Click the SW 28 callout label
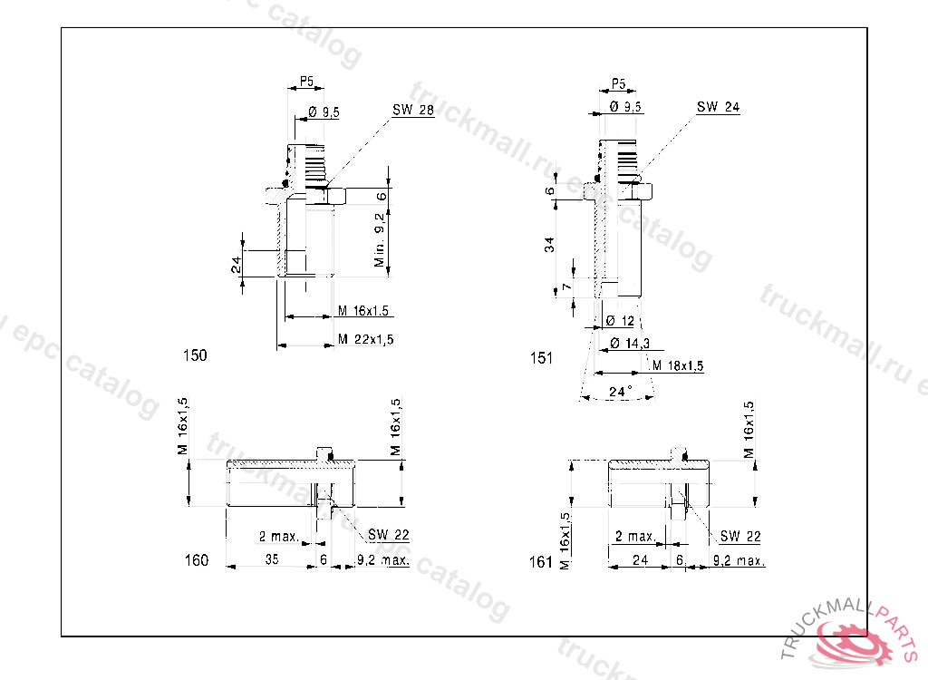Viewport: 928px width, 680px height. pyautogui.click(x=413, y=111)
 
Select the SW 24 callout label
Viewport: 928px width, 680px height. pyautogui.click(x=718, y=107)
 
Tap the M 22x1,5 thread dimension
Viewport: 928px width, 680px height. pyautogui.click(x=365, y=339)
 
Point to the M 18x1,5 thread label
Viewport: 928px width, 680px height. pyautogui.click(x=678, y=365)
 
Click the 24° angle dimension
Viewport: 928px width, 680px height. pyautogui.click(x=620, y=392)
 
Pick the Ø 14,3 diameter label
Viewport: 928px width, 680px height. pyautogui.click(x=629, y=344)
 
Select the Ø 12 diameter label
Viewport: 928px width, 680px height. pyautogui.click(x=620, y=321)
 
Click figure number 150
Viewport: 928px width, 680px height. pyautogui.click(x=195, y=355)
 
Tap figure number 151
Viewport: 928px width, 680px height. pyautogui.click(x=541, y=358)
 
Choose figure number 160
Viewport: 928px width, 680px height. pyautogui.click(x=197, y=560)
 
